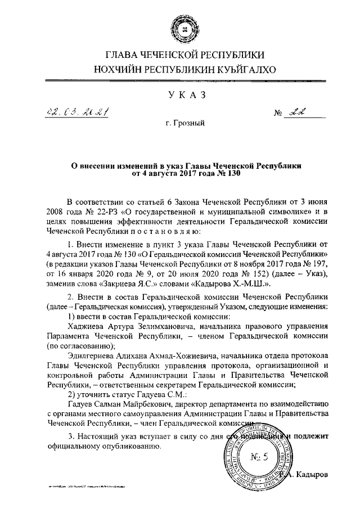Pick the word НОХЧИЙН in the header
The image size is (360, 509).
click(x=117, y=70)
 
